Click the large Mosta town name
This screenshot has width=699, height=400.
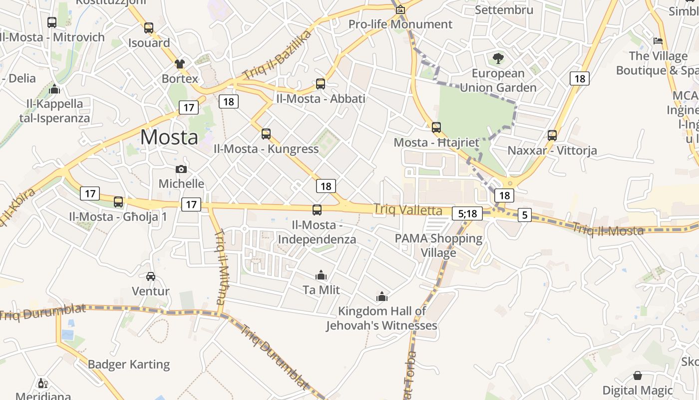click(x=169, y=136)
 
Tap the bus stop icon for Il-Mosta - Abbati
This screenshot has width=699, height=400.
click(x=321, y=83)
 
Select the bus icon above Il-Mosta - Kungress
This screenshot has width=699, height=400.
click(x=266, y=133)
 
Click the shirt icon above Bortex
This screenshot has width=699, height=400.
click(x=180, y=63)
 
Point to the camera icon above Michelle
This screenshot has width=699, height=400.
click(x=181, y=169)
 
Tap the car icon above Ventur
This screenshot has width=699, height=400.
click(x=150, y=276)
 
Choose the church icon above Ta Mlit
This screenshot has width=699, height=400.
click(x=321, y=275)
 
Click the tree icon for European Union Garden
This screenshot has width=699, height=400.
click(x=498, y=58)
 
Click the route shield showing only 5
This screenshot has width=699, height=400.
click(x=524, y=215)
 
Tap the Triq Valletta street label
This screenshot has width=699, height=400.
click(x=408, y=210)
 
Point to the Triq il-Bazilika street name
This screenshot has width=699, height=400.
click(x=278, y=54)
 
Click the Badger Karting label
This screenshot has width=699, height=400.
click(x=129, y=364)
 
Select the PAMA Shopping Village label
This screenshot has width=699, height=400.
click(x=438, y=245)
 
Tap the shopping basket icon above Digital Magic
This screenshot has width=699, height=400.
click(x=638, y=375)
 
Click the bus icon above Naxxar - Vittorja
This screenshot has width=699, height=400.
click(x=552, y=135)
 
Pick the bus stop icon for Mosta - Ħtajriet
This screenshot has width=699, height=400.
click(x=436, y=127)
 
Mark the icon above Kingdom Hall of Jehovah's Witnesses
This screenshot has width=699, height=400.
click(x=382, y=296)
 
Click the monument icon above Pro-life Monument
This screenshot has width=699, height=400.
click(x=400, y=9)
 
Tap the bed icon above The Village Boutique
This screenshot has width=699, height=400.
click(x=658, y=40)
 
